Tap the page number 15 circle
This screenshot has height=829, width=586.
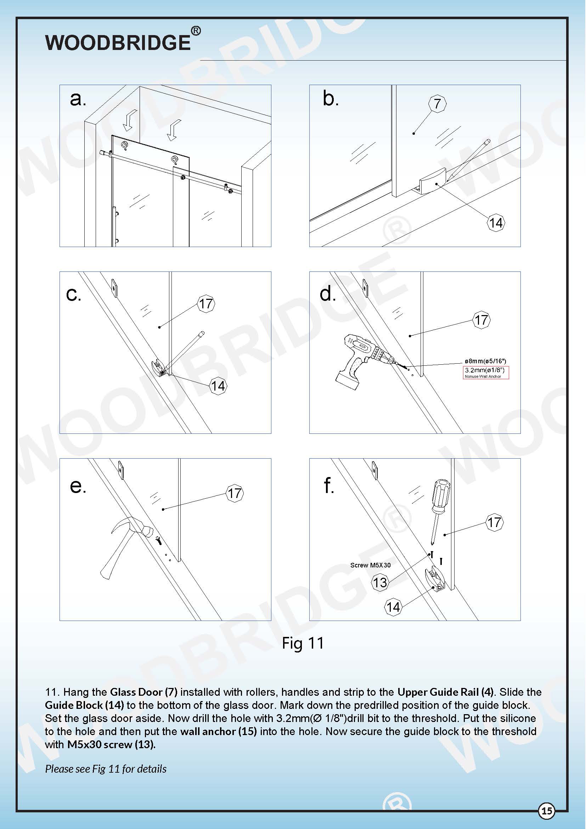[x=547, y=811]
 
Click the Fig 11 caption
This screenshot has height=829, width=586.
[x=303, y=643]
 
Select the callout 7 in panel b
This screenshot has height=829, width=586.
[x=437, y=103]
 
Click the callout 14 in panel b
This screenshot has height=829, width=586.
[x=496, y=223]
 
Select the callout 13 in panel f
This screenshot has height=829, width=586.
[x=379, y=582]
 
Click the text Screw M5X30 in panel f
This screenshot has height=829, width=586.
[x=370, y=565]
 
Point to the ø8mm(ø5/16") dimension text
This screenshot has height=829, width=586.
[x=485, y=361]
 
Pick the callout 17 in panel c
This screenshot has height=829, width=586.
[x=206, y=304]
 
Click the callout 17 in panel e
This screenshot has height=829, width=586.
[x=235, y=493]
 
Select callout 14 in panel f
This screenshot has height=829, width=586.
[x=393, y=606]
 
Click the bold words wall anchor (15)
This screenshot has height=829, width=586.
[x=218, y=732]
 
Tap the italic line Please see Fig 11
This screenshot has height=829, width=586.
[x=106, y=769]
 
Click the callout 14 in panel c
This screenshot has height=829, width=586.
[x=218, y=386]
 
